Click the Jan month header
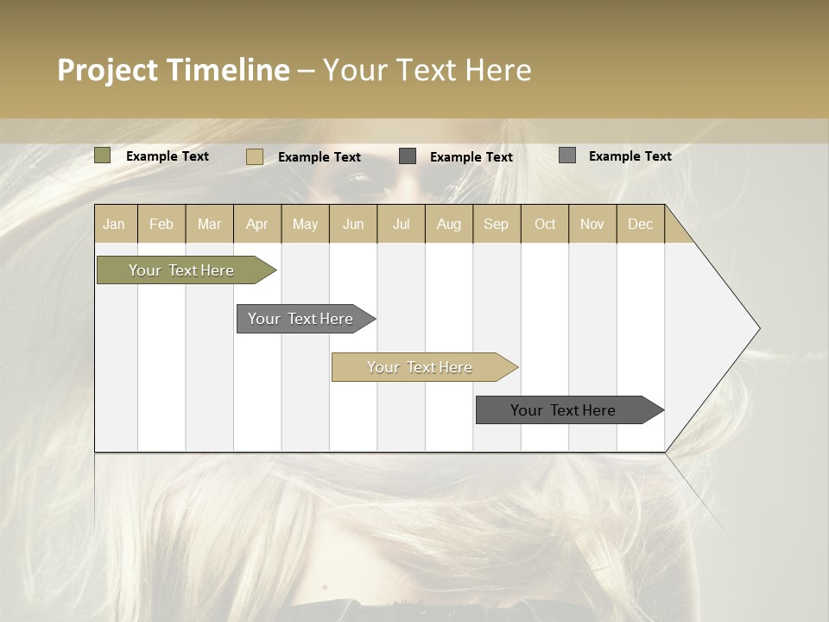[114, 224]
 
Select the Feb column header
[161, 224]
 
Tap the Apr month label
[256, 224]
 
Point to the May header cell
[305, 224]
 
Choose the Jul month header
[401, 224]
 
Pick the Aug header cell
[448, 224]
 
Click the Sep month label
[496, 224]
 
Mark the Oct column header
[545, 224]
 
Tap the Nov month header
[592, 224]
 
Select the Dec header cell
[640, 224]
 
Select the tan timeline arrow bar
[421, 367]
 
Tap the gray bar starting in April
[302, 319]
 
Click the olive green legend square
[103, 155]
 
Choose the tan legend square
[255, 156]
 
